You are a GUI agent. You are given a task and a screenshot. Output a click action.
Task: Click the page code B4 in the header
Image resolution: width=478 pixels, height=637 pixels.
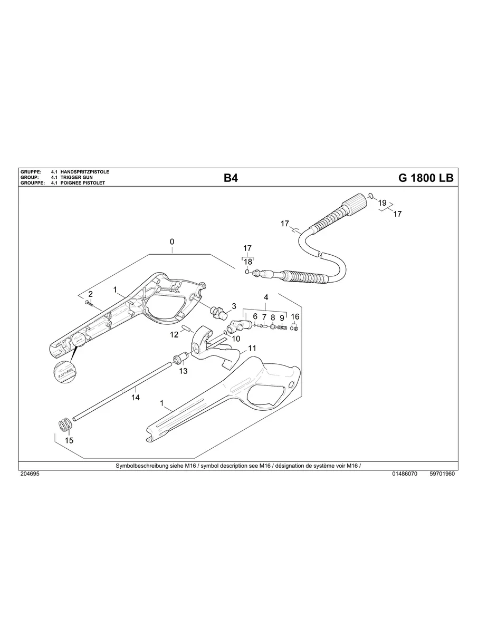point(231,178)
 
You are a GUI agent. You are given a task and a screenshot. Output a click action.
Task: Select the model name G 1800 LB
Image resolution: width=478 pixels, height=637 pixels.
point(425,178)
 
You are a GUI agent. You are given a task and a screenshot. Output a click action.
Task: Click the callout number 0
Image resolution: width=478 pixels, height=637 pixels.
point(172,242)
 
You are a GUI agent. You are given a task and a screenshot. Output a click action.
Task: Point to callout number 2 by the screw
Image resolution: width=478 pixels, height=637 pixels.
point(90,293)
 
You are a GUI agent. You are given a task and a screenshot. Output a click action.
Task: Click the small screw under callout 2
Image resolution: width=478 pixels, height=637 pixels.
point(88,303)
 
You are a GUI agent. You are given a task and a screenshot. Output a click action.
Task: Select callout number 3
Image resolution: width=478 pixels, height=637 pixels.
point(234,306)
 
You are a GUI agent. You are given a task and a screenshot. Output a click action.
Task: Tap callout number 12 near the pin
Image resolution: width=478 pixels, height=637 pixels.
point(174,334)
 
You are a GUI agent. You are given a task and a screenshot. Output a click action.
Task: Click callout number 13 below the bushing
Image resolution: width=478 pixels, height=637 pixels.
point(183,371)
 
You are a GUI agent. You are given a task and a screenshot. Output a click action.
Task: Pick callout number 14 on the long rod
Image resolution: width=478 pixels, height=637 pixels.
point(136,397)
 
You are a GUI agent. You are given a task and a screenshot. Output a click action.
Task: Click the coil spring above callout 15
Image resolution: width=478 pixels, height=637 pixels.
point(64,423)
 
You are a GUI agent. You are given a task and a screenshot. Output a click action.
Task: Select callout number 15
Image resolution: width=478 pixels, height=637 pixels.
point(69,440)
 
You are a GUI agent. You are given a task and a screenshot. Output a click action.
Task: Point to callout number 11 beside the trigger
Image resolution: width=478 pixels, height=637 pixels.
point(252,348)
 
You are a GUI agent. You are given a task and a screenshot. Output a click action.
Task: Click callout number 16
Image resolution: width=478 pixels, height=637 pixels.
point(295,316)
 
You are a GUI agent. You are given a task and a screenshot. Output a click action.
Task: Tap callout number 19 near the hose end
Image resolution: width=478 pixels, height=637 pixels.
point(383,202)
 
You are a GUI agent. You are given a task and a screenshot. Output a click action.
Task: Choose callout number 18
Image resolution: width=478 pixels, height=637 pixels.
point(247,262)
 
